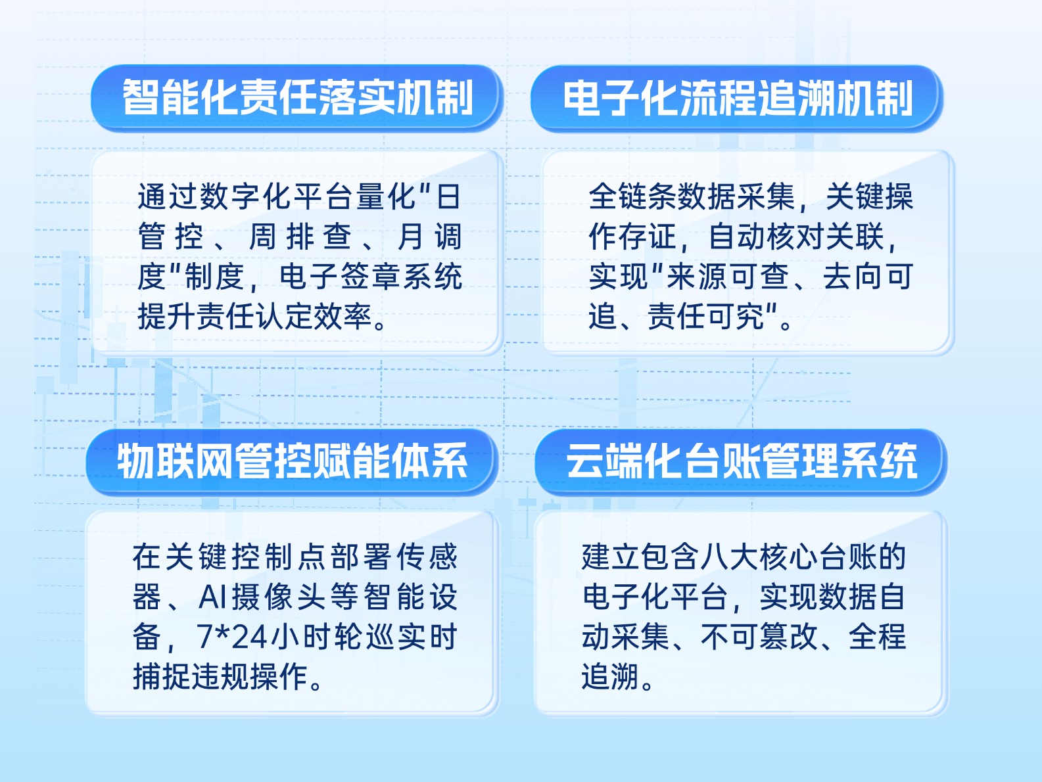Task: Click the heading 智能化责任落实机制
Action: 298,97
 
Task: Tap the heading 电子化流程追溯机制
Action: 738,98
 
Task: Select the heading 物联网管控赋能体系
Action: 293,461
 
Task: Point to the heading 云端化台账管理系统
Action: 742,461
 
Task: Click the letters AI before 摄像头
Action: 212,597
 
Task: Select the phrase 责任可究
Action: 706,317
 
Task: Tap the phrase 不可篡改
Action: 759,637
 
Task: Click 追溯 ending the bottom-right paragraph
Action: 610,677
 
